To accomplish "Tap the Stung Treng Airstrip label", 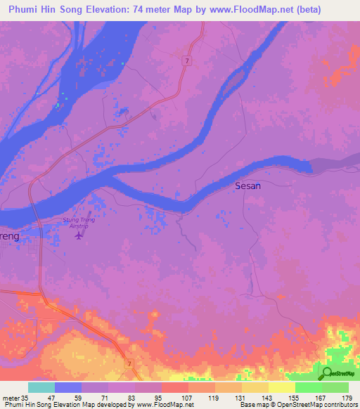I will pos(78,223).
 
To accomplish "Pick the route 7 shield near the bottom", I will pos(129,363).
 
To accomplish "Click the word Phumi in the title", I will pos(24,9).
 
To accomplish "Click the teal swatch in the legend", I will pos(41,387).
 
